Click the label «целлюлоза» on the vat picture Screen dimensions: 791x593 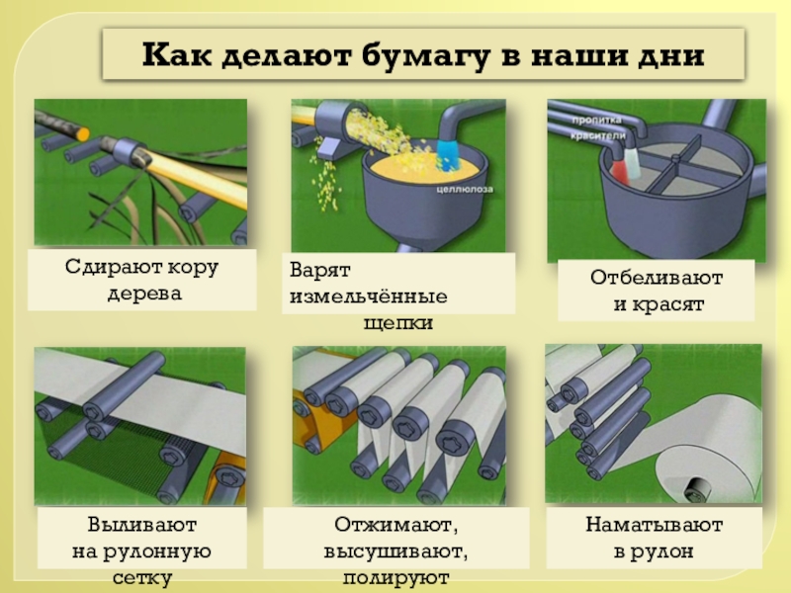465,190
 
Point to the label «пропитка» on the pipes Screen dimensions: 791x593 597,120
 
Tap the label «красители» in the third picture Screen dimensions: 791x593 598,136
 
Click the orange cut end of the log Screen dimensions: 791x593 82,134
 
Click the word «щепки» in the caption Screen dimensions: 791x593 398,323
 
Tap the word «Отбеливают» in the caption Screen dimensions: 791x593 657,278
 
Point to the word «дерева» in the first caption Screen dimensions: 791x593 144,294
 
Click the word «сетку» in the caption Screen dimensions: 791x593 142,578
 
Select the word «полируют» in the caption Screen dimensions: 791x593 396,578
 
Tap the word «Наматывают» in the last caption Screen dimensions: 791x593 655,525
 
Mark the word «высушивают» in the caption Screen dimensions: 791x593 395,551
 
